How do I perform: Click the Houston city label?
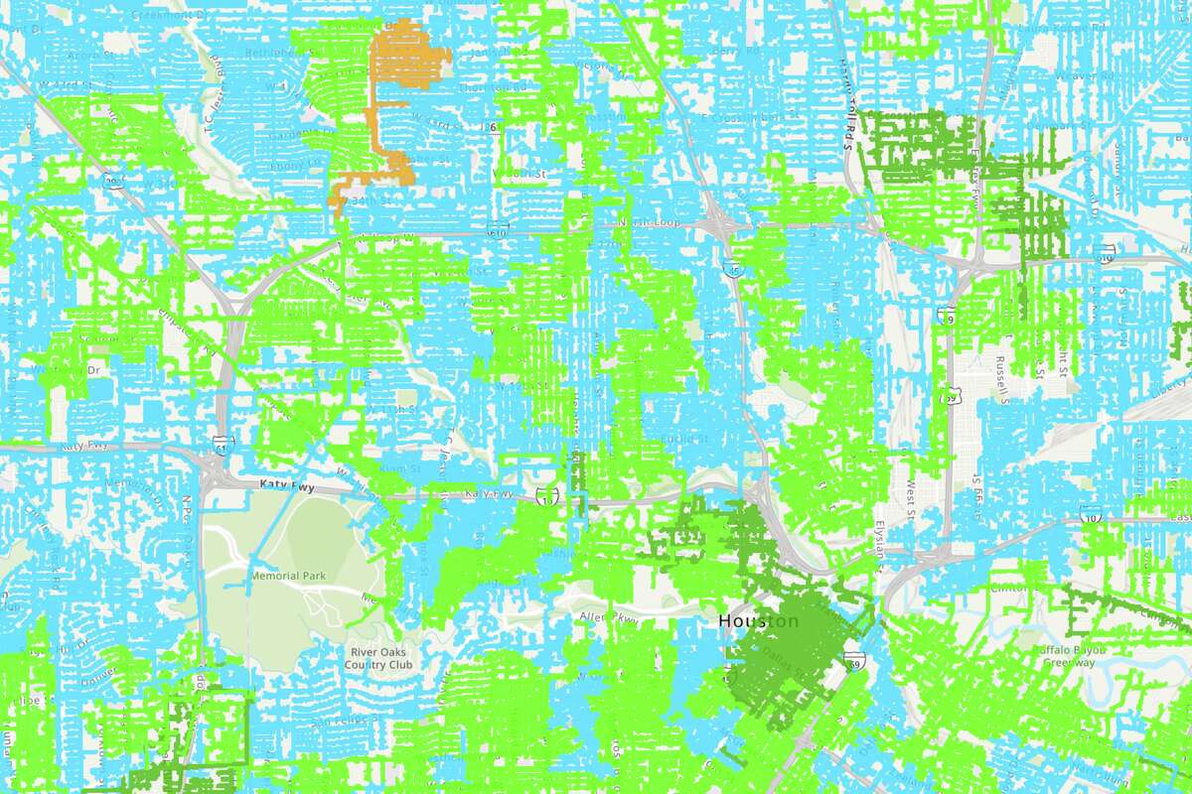(x=757, y=621)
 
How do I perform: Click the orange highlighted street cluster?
(x=393, y=99)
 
